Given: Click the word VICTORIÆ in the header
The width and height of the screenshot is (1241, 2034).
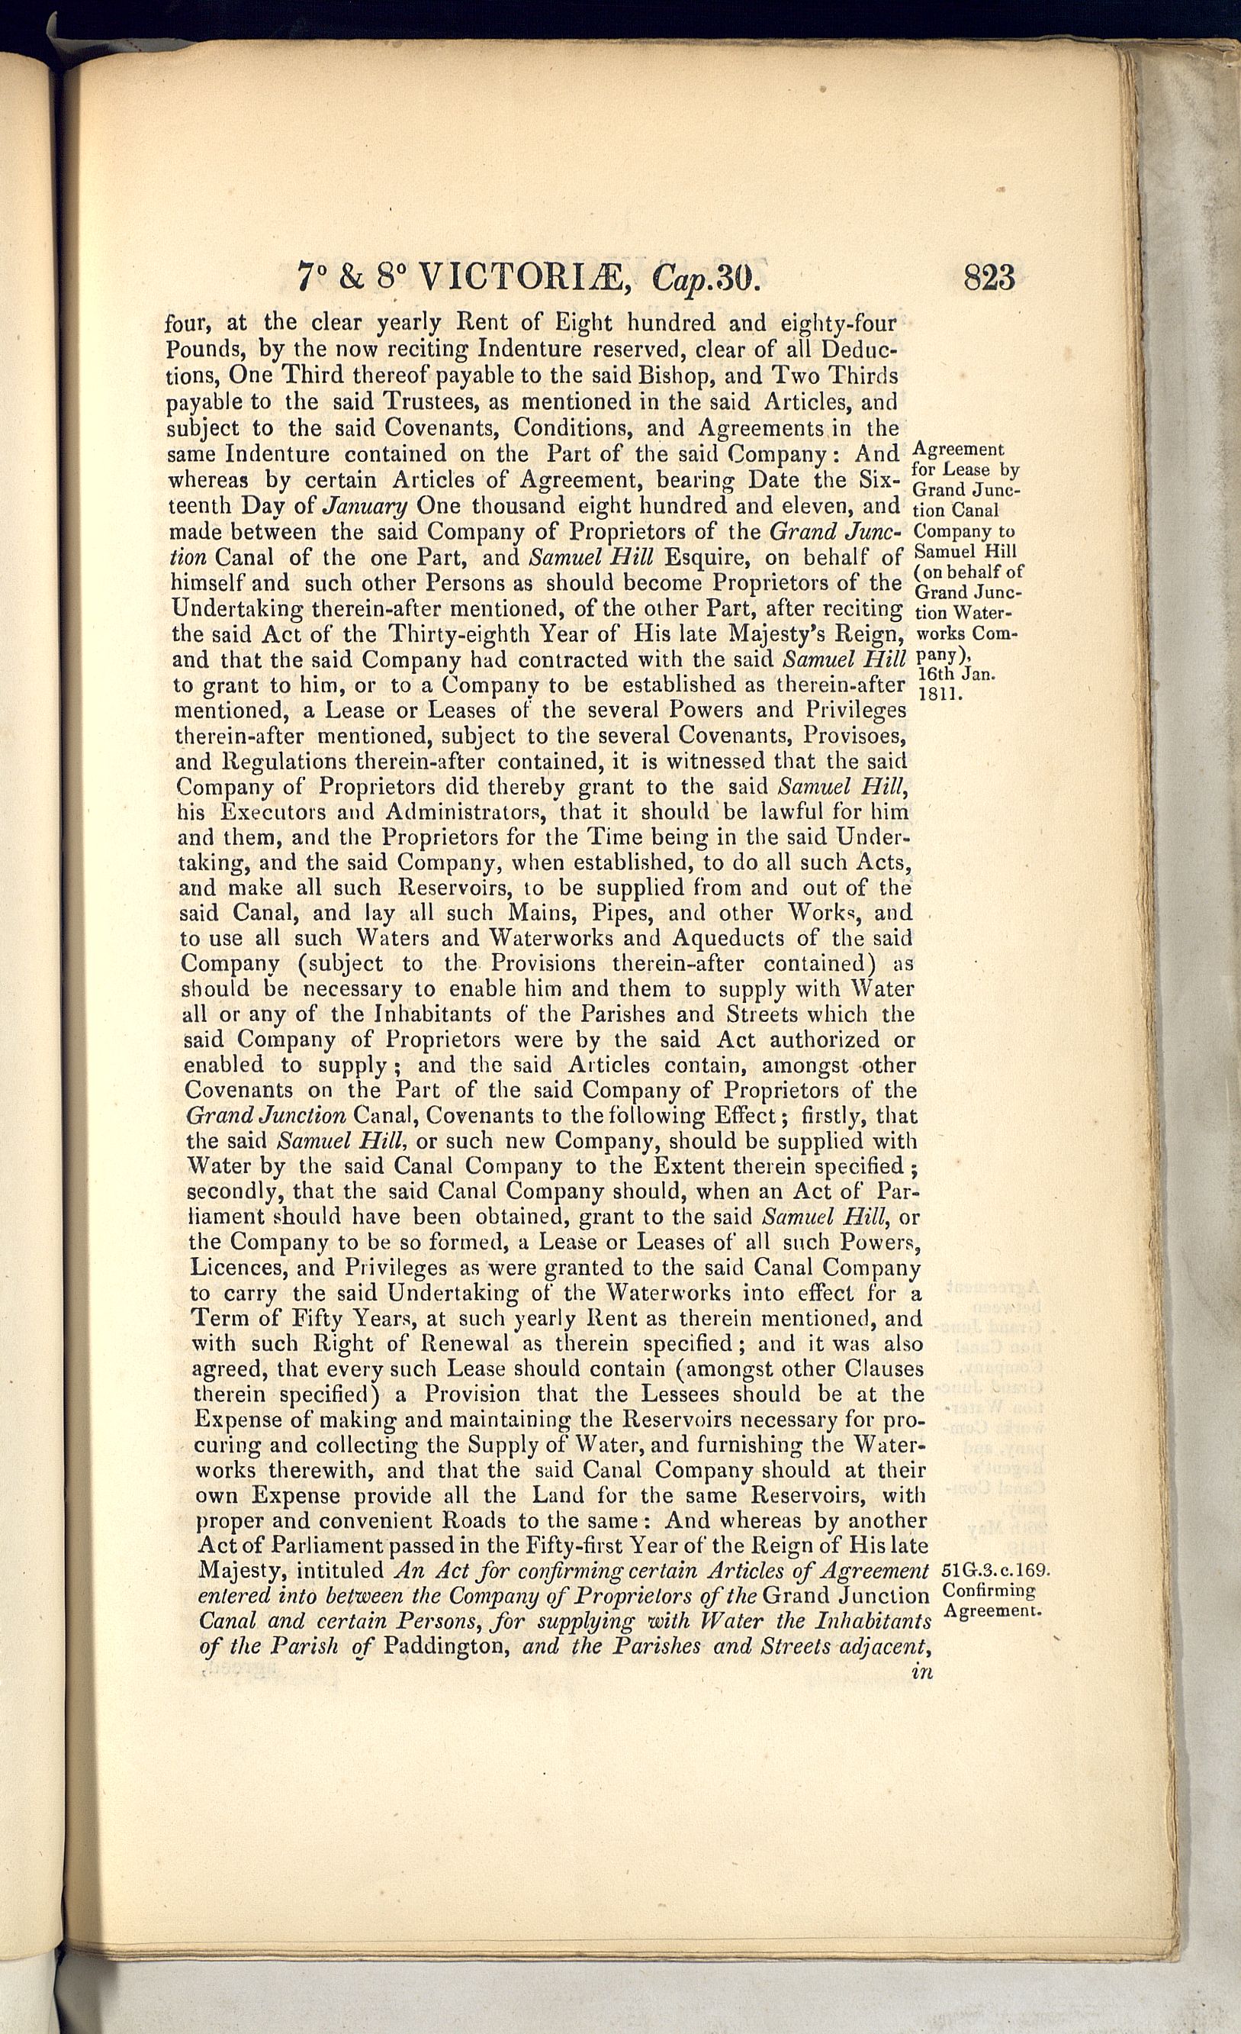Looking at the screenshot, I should [526, 277].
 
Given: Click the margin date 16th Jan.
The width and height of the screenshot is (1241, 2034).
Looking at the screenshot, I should [956, 675].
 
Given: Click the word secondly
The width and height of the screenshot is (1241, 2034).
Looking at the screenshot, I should [235, 1192].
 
